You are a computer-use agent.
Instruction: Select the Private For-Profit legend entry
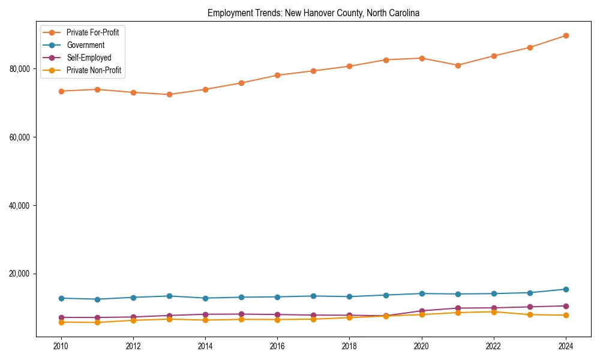[x=92, y=32]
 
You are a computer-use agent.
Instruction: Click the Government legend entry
[x=85, y=45]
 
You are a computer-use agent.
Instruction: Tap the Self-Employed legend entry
[x=89, y=58]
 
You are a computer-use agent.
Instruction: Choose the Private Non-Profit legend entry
[x=94, y=70]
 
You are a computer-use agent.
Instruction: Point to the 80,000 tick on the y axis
[x=20, y=69]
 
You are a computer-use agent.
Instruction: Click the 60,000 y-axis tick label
[x=20, y=137]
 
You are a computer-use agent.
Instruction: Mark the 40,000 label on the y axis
[x=20, y=206]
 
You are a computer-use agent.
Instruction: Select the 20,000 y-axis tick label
[x=20, y=274]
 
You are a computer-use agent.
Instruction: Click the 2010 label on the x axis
[x=61, y=346]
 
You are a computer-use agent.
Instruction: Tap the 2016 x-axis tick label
[x=277, y=346]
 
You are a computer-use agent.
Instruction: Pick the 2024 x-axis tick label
[x=566, y=346]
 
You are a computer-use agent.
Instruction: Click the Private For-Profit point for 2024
[x=566, y=36]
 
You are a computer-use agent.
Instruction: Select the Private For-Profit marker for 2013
[x=169, y=94]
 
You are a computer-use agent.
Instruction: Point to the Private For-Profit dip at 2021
[x=458, y=65]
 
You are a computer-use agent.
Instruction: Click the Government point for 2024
[x=566, y=289]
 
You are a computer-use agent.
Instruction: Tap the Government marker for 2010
[x=61, y=298]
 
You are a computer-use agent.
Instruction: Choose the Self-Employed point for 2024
[x=566, y=306]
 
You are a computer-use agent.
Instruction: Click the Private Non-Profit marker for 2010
[x=61, y=322]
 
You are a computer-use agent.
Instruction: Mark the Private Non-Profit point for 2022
[x=494, y=312]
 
